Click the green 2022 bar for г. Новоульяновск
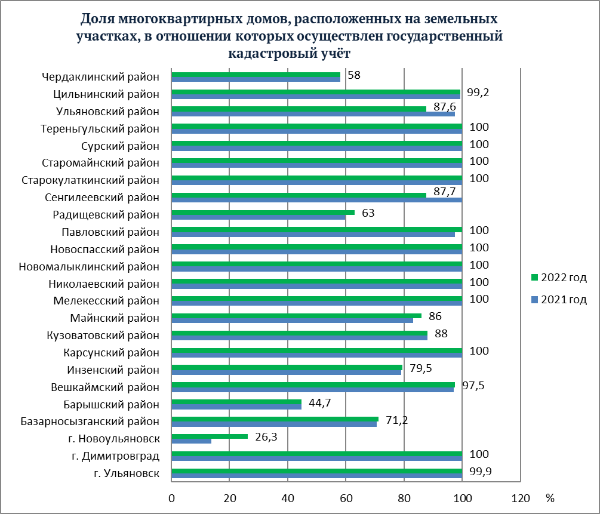pyautogui.click(x=209, y=436)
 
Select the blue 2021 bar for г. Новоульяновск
pyautogui.click(x=191, y=441)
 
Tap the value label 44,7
pyautogui.click(x=319, y=402)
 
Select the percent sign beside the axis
pyautogui.click(x=549, y=498)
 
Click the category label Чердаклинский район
pyautogui.click(x=101, y=76)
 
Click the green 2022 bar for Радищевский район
pyautogui.click(x=263, y=212)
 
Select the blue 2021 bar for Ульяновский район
pyautogui.click(x=313, y=113)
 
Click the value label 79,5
pyautogui.click(x=420, y=368)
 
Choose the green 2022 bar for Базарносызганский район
pyautogui.click(x=275, y=418)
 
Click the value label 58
pyautogui.click(x=354, y=76)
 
